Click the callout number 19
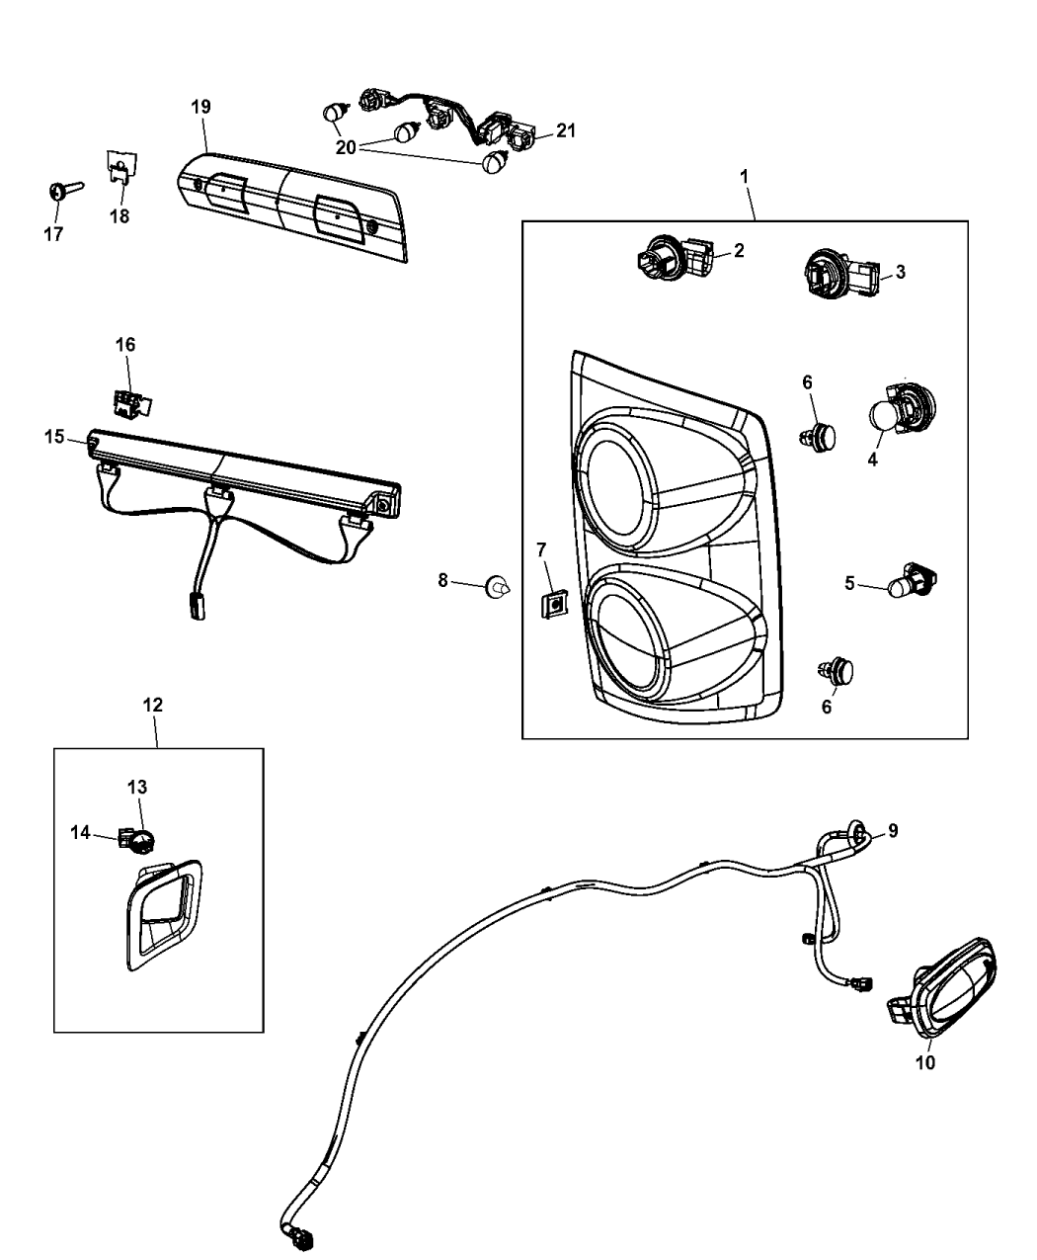(200, 106)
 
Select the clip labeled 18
(120, 167)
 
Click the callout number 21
(565, 130)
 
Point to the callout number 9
(892, 831)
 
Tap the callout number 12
(153, 705)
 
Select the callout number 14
(80, 833)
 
